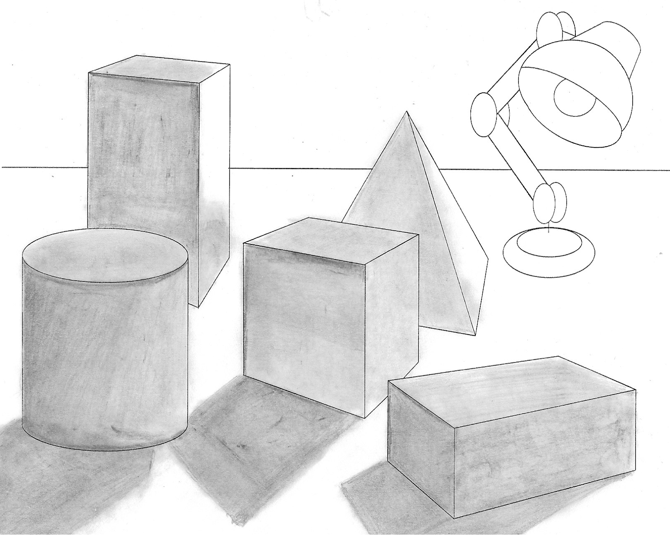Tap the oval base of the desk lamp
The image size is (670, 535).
[549, 252]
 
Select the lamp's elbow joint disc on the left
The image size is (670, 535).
[484, 114]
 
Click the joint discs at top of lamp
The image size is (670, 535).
[555, 27]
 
